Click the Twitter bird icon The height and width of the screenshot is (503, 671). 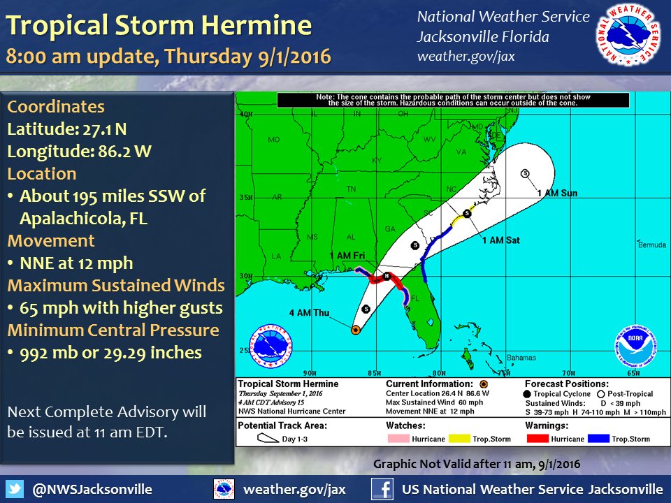coord(17,488)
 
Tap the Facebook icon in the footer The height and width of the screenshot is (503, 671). coord(381,488)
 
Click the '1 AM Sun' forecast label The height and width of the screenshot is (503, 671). coord(557,192)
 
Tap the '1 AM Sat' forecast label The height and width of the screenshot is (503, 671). coord(501,240)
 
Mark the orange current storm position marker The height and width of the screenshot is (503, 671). coord(355,330)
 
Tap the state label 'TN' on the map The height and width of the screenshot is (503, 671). coord(352,189)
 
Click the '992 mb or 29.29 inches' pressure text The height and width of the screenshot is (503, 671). coord(111,353)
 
